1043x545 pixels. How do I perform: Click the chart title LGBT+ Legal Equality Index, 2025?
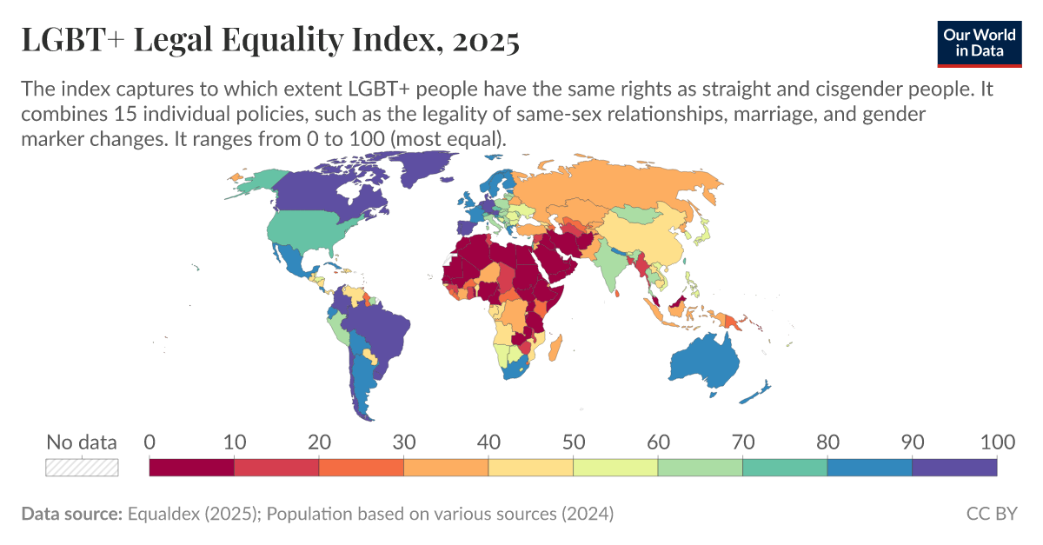click(x=270, y=40)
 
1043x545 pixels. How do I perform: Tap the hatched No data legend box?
click(x=82, y=468)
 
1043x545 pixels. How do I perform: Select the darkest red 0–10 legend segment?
click(x=191, y=468)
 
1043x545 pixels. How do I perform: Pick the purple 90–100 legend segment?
click(x=954, y=468)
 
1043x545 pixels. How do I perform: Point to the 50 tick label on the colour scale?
click(x=573, y=442)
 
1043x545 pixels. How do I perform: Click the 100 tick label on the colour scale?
click(x=996, y=442)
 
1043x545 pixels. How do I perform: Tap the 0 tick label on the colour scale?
click(x=149, y=442)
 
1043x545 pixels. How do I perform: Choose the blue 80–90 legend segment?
click(x=869, y=468)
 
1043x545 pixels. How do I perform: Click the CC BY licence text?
click(x=992, y=514)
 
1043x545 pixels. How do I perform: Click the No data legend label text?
click(x=81, y=442)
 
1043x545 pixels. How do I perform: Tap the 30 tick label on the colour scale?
click(x=403, y=442)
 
